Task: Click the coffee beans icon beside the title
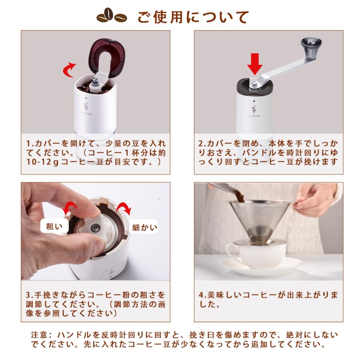pyautogui.click(x=112, y=16)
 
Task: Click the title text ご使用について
pyautogui.click(x=193, y=17)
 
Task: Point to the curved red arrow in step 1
pyautogui.click(x=70, y=70)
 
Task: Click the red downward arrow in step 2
pyautogui.click(x=254, y=64)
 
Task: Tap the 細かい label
pyautogui.click(x=144, y=228)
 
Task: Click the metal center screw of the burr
pyautogui.click(x=95, y=228)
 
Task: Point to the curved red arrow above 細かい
pyautogui.click(x=124, y=208)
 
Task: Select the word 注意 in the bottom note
pyautogui.click(x=39, y=334)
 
